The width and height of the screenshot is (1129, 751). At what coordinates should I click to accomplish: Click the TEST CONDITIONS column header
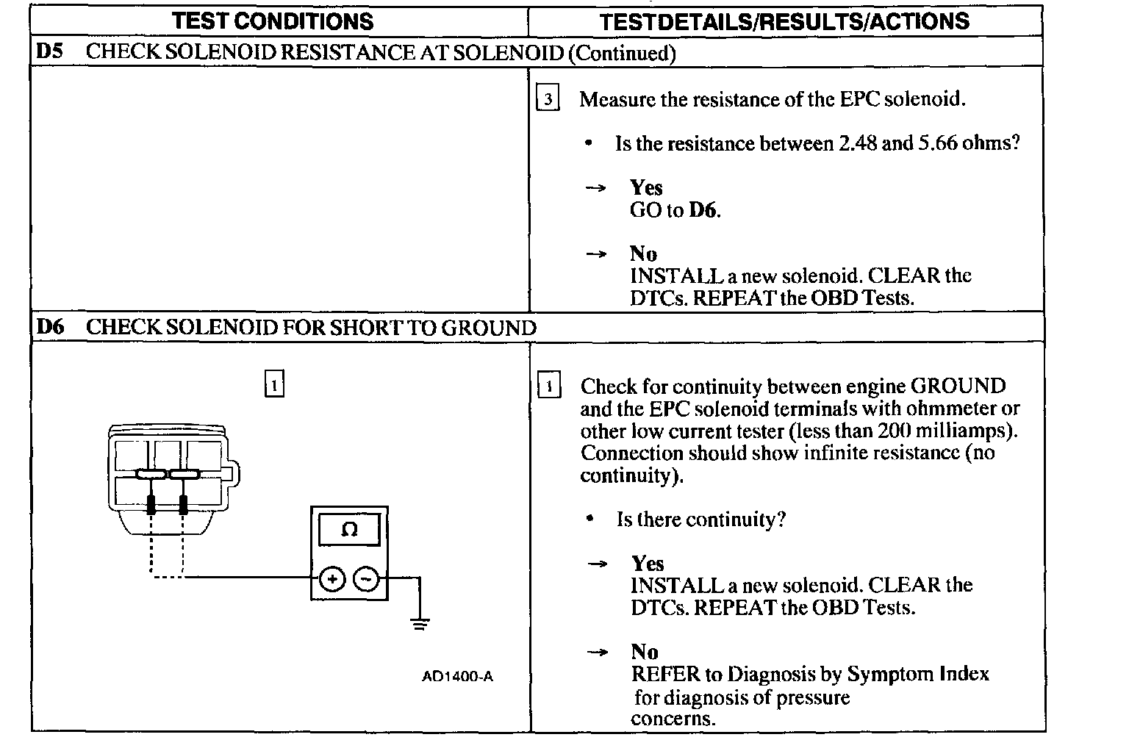(273, 21)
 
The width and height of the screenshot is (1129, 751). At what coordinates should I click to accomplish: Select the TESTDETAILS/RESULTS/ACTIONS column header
(784, 21)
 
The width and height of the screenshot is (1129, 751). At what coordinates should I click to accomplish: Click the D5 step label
(50, 52)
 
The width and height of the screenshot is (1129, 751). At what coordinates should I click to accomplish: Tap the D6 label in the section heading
(50, 327)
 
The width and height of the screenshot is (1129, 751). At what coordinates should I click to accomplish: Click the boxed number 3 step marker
(548, 99)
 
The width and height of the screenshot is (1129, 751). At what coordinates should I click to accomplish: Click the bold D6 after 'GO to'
(703, 211)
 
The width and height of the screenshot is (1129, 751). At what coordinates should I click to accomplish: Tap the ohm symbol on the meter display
(349, 530)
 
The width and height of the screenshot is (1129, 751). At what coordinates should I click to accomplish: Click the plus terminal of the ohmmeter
(332, 579)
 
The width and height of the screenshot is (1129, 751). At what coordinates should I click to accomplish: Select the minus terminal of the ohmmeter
(366, 579)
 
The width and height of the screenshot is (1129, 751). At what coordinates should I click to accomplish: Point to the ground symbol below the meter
(420, 625)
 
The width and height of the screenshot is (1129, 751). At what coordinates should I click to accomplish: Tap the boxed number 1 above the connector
(273, 385)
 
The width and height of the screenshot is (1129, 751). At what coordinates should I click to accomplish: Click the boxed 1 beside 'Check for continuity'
(549, 386)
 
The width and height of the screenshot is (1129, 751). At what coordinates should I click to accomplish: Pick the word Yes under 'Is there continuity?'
(648, 564)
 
